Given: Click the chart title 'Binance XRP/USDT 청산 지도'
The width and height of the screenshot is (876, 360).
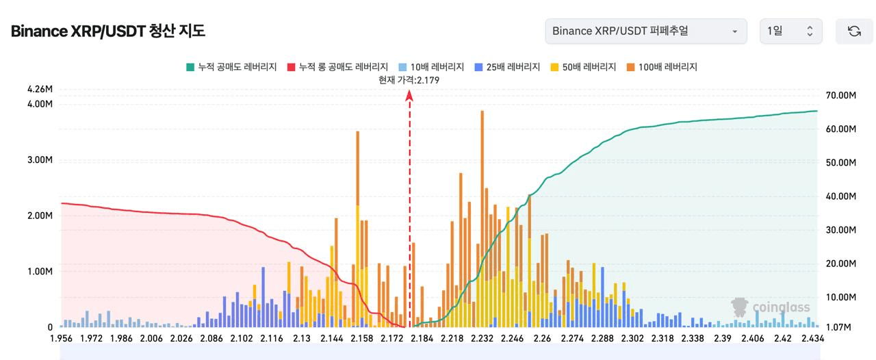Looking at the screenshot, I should pyautogui.click(x=108, y=31).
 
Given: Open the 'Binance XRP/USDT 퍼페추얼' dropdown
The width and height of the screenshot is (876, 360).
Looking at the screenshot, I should pyautogui.click(x=645, y=31).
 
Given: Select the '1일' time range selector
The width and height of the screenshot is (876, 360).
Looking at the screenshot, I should pyautogui.click(x=790, y=31).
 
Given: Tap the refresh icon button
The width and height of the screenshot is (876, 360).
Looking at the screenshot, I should pyautogui.click(x=854, y=31).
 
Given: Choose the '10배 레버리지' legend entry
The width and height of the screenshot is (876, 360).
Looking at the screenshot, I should pyautogui.click(x=431, y=67).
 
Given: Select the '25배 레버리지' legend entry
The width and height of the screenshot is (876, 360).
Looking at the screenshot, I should pyautogui.click(x=507, y=67).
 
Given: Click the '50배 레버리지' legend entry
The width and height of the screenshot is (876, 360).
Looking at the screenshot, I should pyautogui.click(x=583, y=67).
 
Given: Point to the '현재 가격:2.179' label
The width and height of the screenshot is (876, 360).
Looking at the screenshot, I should pyautogui.click(x=409, y=80).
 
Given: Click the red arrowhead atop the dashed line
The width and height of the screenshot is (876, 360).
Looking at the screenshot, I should pyautogui.click(x=409, y=97).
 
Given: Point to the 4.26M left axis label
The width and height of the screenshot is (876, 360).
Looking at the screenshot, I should pyautogui.click(x=40, y=89).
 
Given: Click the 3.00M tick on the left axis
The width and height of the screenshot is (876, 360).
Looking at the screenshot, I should pyautogui.click(x=40, y=160).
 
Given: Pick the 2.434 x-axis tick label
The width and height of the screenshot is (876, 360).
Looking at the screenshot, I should pyautogui.click(x=813, y=339).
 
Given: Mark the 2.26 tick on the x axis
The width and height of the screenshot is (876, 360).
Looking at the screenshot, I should pyautogui.click(x=542, y=339).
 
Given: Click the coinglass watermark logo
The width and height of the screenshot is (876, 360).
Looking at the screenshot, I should pyautogui.click(x=771, y=307).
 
